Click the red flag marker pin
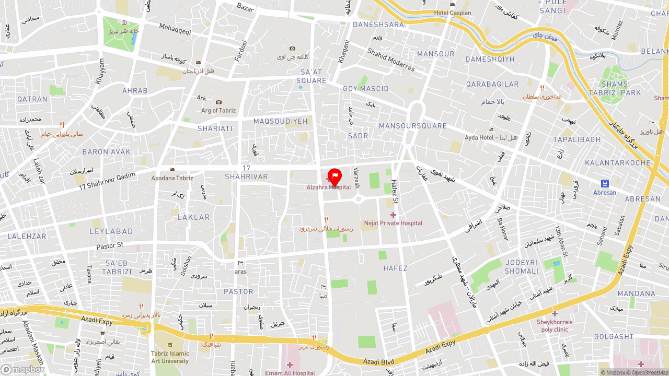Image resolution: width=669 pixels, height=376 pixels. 334,177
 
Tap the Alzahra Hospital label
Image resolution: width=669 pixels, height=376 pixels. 329,187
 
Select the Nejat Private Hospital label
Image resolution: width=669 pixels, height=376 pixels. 393,223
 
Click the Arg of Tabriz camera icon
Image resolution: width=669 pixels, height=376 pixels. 218,102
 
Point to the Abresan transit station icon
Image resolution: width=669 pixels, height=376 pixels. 605,183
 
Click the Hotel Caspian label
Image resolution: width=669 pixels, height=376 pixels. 453,13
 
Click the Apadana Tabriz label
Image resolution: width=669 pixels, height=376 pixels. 172,178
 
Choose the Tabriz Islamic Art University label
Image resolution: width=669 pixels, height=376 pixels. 170,357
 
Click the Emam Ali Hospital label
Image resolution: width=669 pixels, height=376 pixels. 290,373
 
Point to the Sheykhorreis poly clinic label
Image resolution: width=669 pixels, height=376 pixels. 555,326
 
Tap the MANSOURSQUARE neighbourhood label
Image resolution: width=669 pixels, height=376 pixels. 413,126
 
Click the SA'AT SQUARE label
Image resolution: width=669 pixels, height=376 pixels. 312,76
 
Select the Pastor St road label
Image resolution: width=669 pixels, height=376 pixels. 110,245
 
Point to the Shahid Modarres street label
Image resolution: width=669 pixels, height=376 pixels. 391,60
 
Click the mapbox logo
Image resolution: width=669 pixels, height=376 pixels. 23,369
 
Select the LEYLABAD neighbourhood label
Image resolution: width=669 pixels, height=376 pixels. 111,231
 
